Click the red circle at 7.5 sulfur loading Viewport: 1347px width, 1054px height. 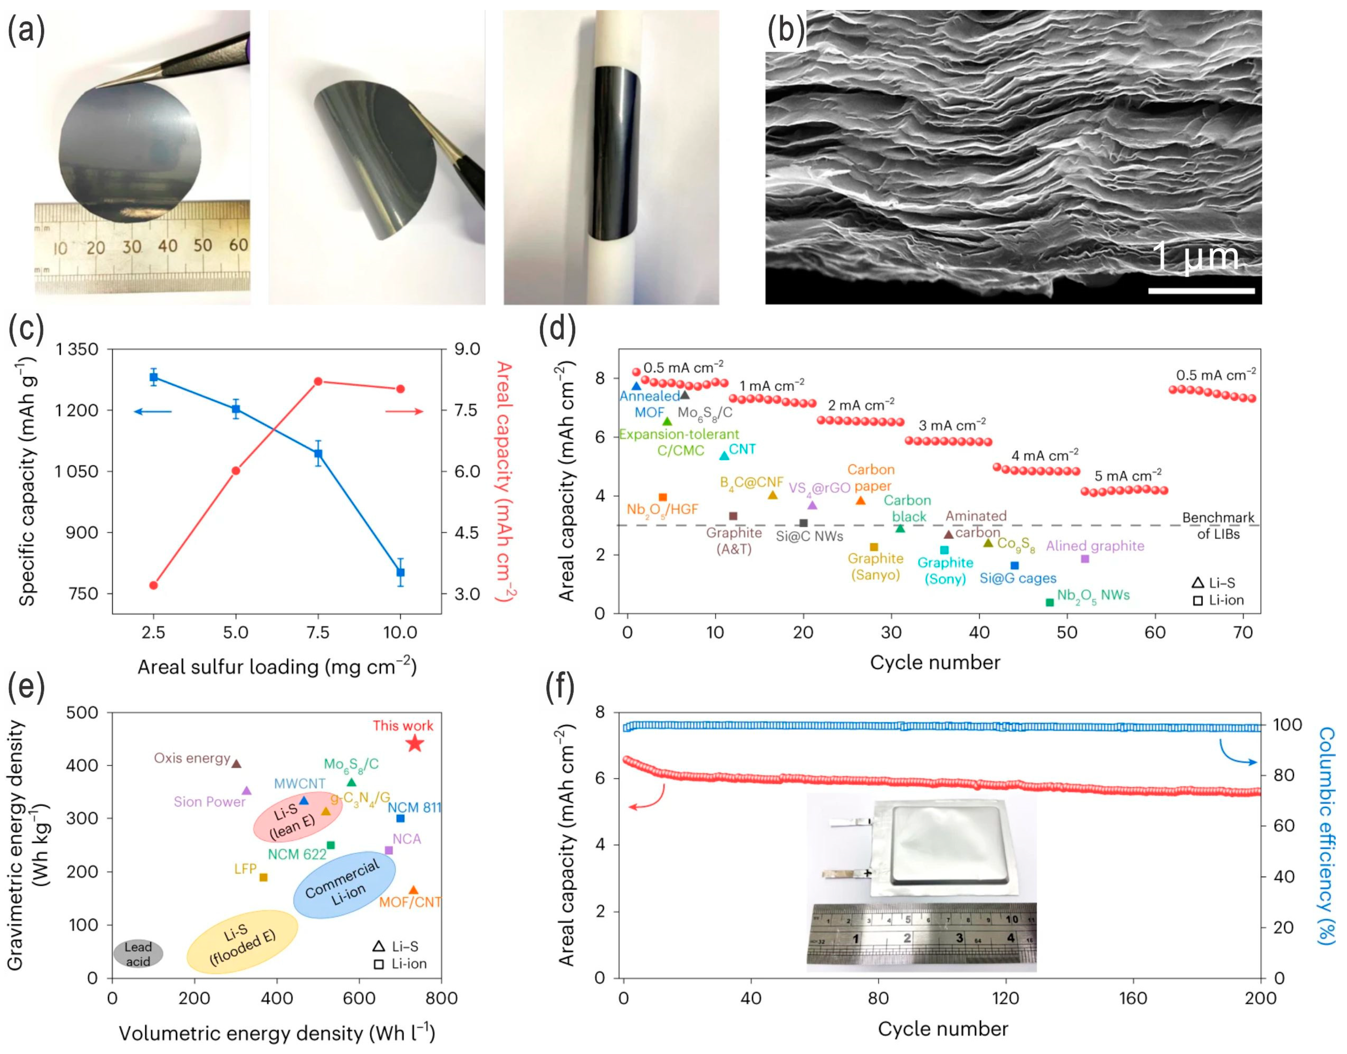coord(318,382)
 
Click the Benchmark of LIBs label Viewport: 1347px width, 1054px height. coord(1218,526)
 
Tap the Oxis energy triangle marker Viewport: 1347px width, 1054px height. coord(236,763)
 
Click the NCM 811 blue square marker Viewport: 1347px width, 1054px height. coord(400,818)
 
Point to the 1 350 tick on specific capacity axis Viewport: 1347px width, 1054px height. coord(77,349)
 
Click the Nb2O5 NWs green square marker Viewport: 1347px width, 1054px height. coord(1050,602)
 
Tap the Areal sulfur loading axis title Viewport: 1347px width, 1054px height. coord(277,667)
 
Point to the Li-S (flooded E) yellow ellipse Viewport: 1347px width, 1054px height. coord(243,941)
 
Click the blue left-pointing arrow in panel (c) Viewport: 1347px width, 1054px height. coord(152,411)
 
